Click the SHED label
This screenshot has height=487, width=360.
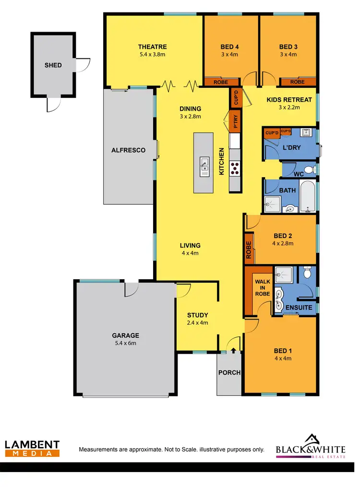(53, 65)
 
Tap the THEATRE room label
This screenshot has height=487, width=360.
(152, 47)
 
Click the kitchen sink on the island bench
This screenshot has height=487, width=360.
(204, 164)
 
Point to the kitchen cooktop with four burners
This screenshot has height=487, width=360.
(236, 168)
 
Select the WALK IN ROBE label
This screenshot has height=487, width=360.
(262, 287)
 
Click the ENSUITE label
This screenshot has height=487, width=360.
(299, 307)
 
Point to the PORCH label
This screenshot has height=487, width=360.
(229, 372)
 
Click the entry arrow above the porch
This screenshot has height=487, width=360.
(234, 351)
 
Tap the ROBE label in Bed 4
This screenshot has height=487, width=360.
(221, 82)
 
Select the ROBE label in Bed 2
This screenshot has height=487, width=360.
(249, 250)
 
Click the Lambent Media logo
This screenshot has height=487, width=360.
(32, 448)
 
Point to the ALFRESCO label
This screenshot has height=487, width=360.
(128, 150)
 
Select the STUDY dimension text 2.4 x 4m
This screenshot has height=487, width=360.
(197, 323)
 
